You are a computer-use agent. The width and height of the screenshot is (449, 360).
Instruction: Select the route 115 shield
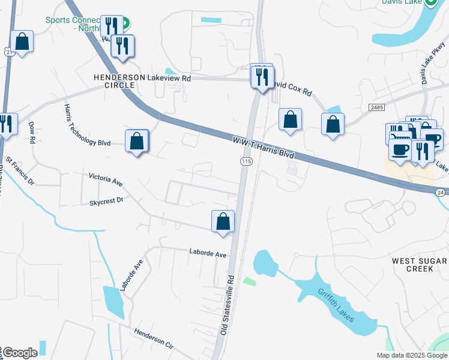point(246,161)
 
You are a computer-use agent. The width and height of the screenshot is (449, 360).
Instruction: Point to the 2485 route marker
point(376,106)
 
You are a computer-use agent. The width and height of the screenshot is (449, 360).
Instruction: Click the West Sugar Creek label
point(419,265)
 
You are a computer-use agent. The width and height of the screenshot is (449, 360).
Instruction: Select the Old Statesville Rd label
point(226,305)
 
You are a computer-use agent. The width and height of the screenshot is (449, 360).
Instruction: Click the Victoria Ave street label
point(105,178)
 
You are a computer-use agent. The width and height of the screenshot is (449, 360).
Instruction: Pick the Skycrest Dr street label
point(106,200)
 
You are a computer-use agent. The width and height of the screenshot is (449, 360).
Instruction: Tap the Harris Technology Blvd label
point(87,125)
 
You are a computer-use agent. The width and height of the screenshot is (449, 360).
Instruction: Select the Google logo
point(19,353)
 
